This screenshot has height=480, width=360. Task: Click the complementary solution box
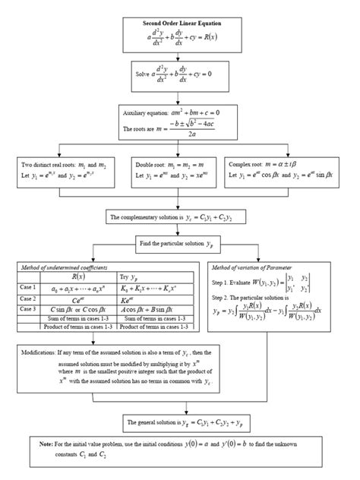point(181,217)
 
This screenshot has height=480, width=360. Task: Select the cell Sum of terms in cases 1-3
point(77,319)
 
